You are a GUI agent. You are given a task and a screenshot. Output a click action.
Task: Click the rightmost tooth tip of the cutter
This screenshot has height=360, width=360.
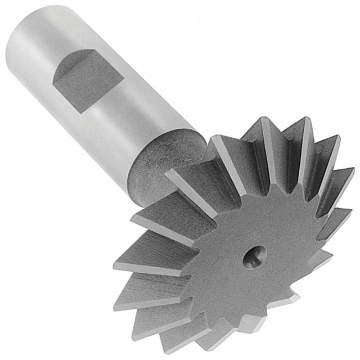[x=354, y=169]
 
